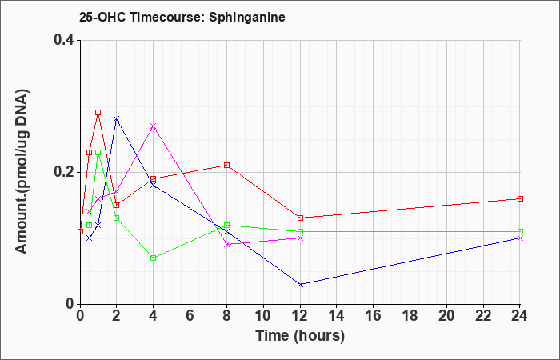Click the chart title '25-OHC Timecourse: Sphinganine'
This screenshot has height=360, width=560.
(x=182, y=17)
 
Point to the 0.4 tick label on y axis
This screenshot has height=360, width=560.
(x=64, y=40)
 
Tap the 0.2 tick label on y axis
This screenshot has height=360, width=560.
(x=64, y=172)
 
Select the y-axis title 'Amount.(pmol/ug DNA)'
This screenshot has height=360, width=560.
(x=22, y=172)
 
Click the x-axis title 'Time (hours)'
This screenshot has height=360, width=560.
(x=300, y=336)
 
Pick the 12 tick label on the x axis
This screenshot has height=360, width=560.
(x=300, y=316)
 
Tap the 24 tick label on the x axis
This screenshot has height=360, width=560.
(x=520, y=316)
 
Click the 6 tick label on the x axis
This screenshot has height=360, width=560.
(x=190, y=316)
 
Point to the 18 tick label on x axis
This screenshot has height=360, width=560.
(x=410, y=316)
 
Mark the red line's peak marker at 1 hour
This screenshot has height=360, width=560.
(x=98, y=113)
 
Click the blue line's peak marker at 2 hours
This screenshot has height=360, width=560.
(x=117, y=118)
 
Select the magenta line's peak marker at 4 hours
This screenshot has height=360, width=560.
(x=154, y=126)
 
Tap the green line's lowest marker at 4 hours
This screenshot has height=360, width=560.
(x=154, y=258)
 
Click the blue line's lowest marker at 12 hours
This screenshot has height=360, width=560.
(x=300, y=284)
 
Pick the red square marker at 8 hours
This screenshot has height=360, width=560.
(x=226, y=165)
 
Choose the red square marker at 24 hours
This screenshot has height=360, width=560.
(x=520, y=198)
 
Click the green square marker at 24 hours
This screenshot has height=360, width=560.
(x=520, y=231)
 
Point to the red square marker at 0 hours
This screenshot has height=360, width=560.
(x=80, y=231)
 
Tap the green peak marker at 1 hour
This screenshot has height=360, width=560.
(x=98, y=153)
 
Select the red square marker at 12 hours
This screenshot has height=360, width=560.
(x=300, y=218)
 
